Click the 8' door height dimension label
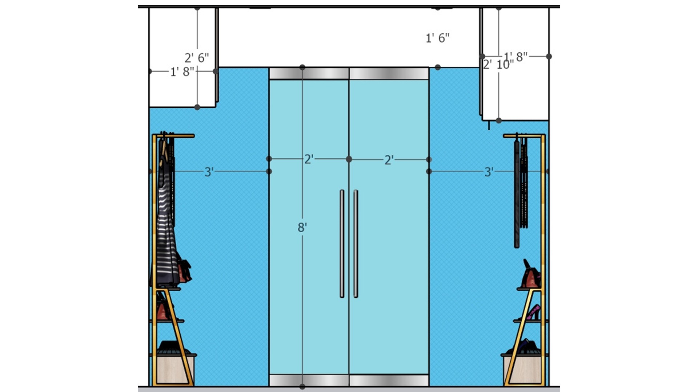click(302, 228)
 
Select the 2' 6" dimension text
click(197, 58)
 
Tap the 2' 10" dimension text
click(498, 65)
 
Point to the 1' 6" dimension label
click(438, 38)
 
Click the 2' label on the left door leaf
click(309, 159)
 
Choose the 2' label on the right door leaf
click(389, 160)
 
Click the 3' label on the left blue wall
click(209, 172)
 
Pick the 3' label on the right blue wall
click(489, 172)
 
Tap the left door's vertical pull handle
click(342, 244)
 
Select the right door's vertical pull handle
click(356, 244)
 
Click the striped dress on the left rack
click(167, 218)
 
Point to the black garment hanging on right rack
click(517, 194)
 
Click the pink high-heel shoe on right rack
click(534, 313)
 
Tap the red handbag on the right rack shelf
click(531, 275)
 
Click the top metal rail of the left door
click(309, 73)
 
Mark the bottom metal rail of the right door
click(389, 380)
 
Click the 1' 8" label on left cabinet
click(182, 72)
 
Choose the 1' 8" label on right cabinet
click(516, 57)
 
